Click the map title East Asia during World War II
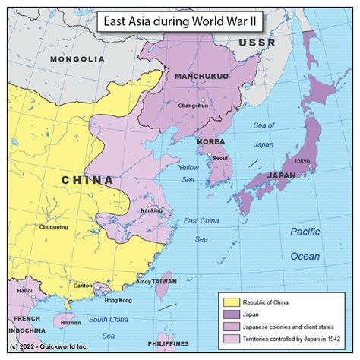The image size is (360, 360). coord(179,21)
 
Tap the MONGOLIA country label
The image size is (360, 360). coord(77,58)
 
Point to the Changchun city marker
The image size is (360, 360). coord(203,100)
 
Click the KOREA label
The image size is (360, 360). coord(211,142)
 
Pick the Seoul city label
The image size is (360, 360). coord(220,158)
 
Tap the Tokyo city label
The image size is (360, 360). coord(302,160)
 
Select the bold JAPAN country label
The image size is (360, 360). coord(281,175)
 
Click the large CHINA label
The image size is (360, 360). coord(87,180)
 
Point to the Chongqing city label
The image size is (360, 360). coord(53,226)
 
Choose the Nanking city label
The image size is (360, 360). coord(151,210)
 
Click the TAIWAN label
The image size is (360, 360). coord(164,281)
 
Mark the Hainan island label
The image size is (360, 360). coord(70,322)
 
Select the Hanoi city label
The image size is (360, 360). coord(25,290)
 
